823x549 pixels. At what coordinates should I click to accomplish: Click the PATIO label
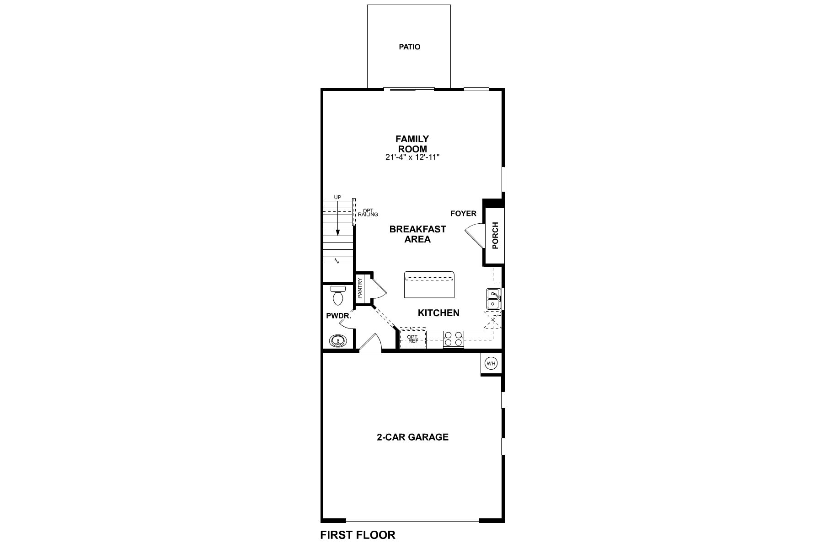click(x=409, y=47)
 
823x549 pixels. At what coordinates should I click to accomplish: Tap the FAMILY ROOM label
click(x=412, y=144)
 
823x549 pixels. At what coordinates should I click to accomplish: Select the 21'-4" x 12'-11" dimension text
click(x=412, y=157)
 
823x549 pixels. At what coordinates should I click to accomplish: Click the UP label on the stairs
click(x=337, y=197)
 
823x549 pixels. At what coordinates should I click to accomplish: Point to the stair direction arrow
click(x=338, y=220)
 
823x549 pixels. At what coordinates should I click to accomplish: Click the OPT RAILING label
click(x=368, y=213)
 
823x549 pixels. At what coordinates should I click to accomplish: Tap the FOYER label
click(x=463, y=214)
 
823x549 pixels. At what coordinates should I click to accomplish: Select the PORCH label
click(x=495, y=236)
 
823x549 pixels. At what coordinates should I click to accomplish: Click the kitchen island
click(x=429, y=285)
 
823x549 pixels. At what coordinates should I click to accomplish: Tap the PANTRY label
click(x=360, y=288)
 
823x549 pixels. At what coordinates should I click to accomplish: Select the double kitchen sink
click(x=493, y=298)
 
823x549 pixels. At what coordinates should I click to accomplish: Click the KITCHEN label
click(x=438, y=313)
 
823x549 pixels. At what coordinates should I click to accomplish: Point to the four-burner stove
click(x=454, y=339)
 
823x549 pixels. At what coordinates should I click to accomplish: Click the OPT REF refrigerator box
click(x=413, y=339)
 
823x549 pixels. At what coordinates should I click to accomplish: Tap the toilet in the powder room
click(x=338, y=296)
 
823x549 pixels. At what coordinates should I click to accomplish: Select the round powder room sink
click(x=338, y=341)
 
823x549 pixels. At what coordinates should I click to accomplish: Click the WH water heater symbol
click(x=491, y=364)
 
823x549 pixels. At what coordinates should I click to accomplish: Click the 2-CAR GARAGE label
click(x=412, y=437)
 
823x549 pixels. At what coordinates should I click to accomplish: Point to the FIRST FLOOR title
click(x=358, y=535)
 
